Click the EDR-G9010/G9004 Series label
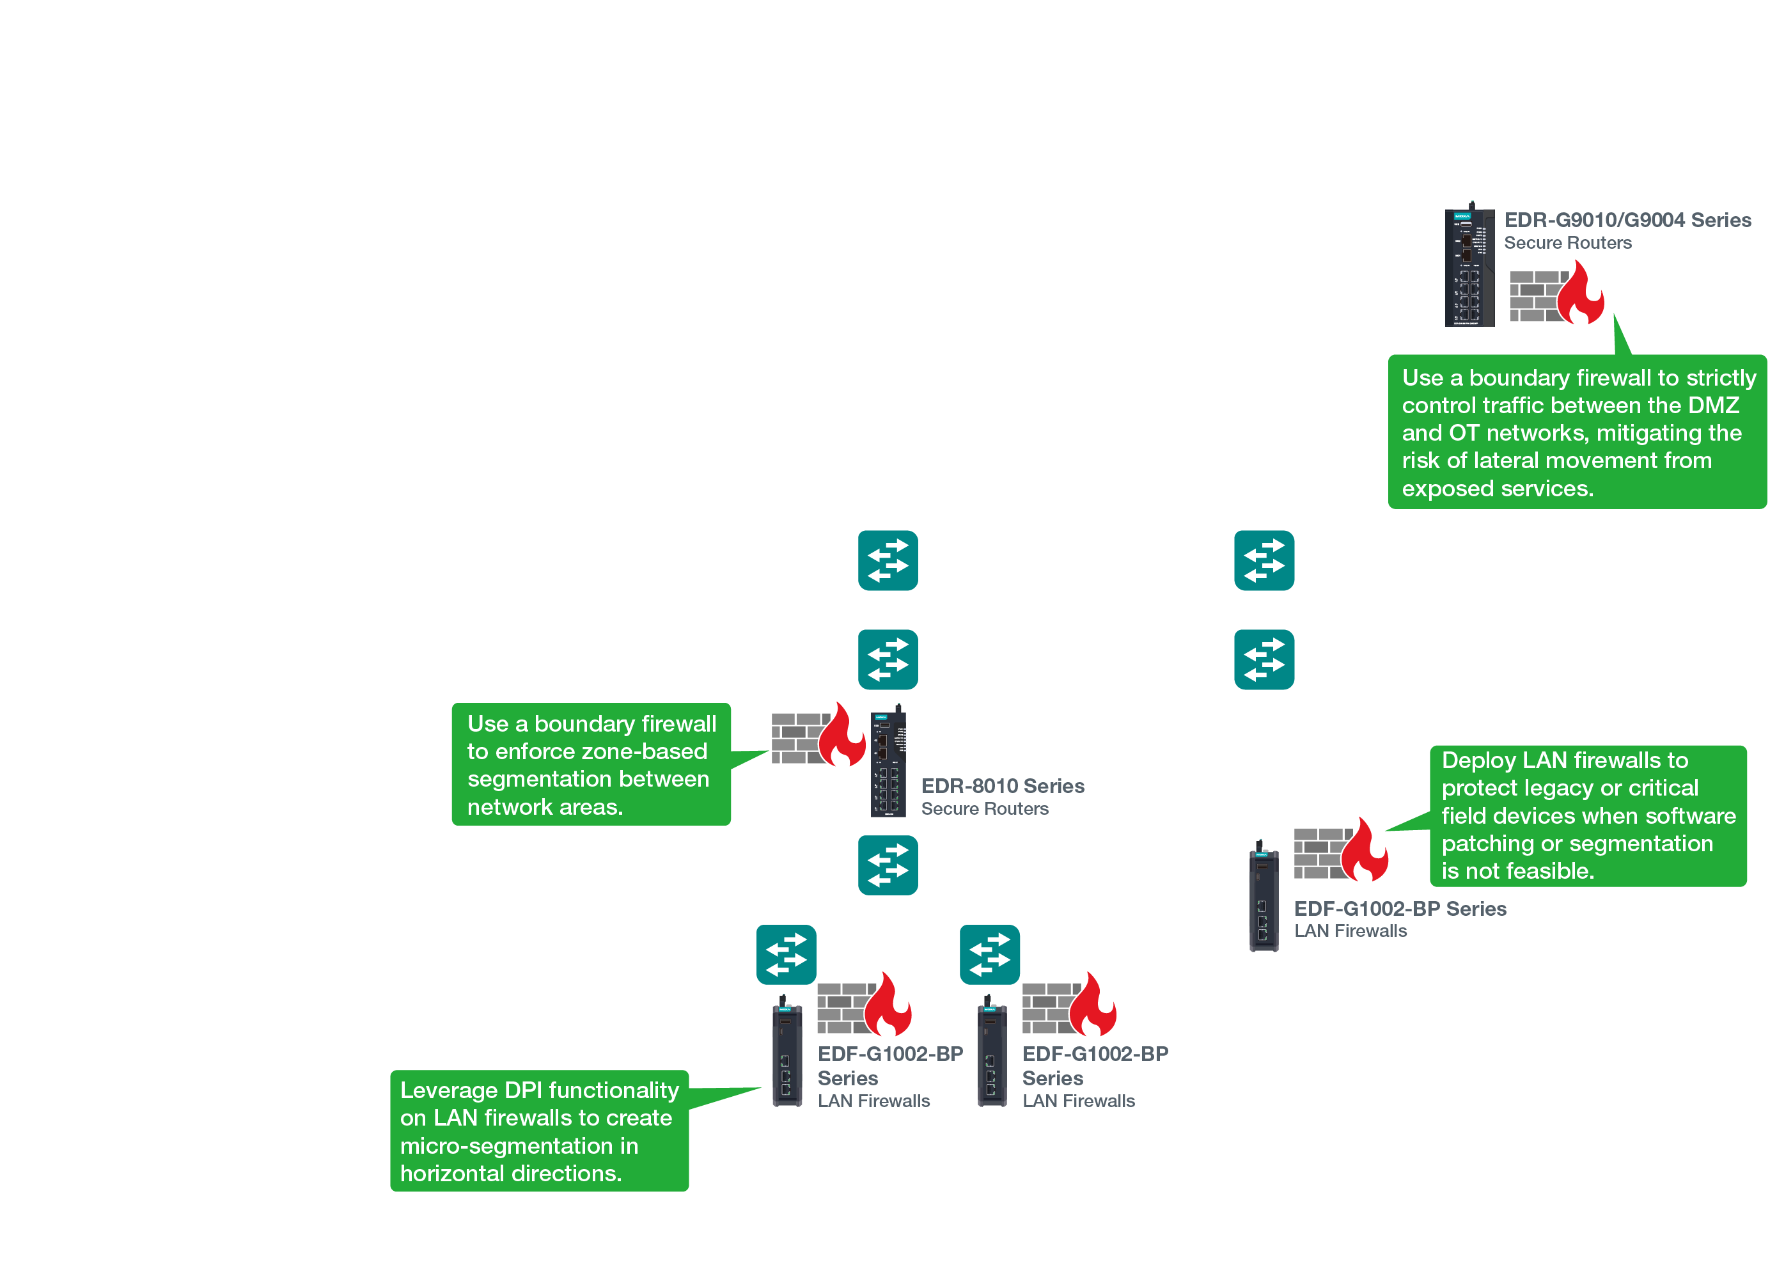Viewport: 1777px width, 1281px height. [x=1627, y=220]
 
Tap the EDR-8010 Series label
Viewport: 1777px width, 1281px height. [x=1002, y=786]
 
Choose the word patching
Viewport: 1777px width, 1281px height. [x=1482, y=844]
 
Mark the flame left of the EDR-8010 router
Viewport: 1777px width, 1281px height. [x=842, y=737]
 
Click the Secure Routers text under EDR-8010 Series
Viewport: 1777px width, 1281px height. [x=984, y=808]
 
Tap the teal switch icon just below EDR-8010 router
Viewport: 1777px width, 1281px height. [x=888, y=865]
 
